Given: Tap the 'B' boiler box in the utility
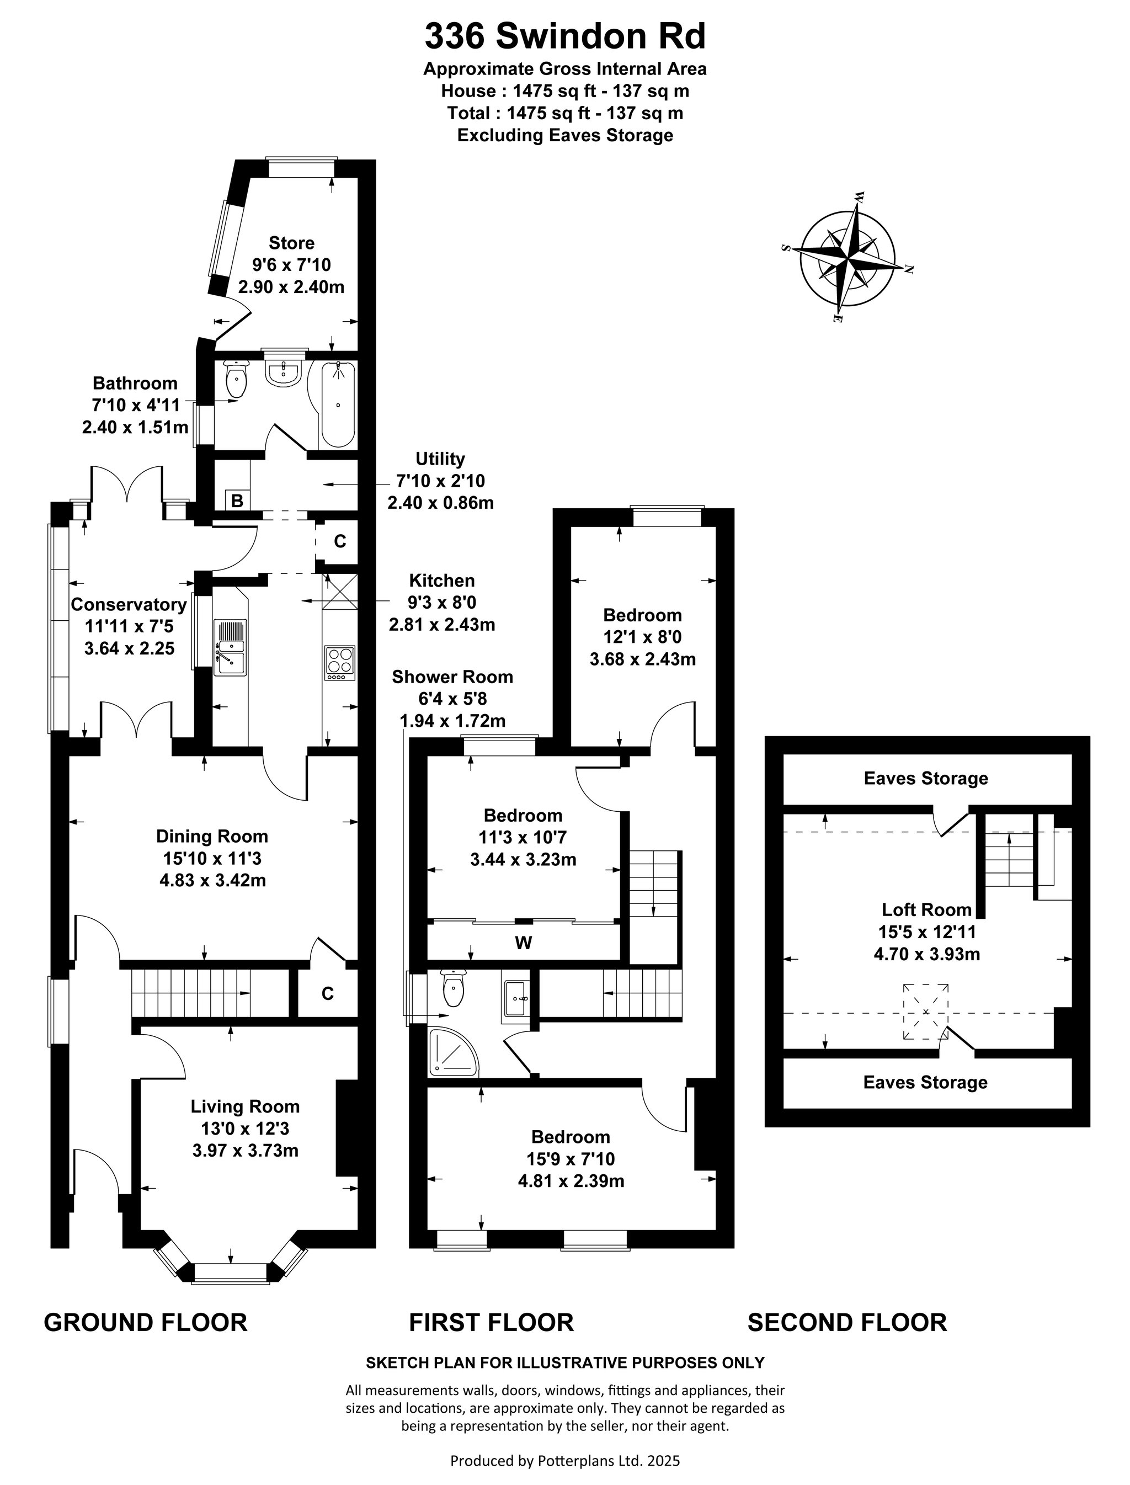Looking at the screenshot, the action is coord(237,501).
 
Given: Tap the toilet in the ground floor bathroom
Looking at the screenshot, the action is coord(236,380).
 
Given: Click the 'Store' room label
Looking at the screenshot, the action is coord(291,243).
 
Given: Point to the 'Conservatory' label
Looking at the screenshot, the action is coord(129,605).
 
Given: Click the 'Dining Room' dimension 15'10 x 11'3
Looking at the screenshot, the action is coord(212,858).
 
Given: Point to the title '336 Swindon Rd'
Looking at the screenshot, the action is coord(565,36).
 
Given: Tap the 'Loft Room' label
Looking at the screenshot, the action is coord(926,910).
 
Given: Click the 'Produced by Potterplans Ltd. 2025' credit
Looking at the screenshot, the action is coord(565,1460).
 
